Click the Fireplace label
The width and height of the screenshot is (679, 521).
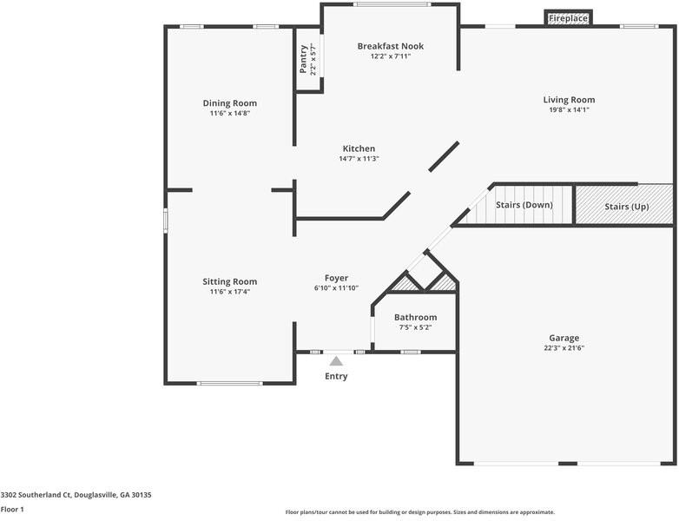(568, 18)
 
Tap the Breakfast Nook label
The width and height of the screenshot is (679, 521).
(391, 46)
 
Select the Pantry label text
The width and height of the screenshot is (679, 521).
(304, 59)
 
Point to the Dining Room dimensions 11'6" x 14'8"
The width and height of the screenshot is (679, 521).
(230, 114)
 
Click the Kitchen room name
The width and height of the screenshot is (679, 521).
(359, 148)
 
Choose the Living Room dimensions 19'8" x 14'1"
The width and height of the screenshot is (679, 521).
(569, 110)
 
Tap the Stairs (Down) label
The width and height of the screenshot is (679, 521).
(524, 205)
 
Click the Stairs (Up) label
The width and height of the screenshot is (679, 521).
(627, 207)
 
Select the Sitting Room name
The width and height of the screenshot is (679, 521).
(230, 281)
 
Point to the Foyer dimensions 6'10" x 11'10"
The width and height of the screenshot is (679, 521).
(337, 288)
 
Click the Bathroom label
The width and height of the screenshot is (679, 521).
(415, 317)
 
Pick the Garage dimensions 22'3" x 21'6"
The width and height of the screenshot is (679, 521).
(564, 347)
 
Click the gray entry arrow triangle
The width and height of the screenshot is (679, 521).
(336, 361)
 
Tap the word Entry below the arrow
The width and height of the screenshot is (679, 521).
(336, 376)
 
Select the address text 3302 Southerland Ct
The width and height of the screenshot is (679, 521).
(36, 495)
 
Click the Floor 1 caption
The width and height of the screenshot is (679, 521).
(12, 510)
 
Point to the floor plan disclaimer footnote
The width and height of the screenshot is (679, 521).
(420, 512)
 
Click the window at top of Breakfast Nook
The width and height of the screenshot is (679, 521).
(392, 4)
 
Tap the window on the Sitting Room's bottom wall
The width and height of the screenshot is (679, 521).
(229, 383)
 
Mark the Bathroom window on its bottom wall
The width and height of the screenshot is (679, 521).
(411, 352)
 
